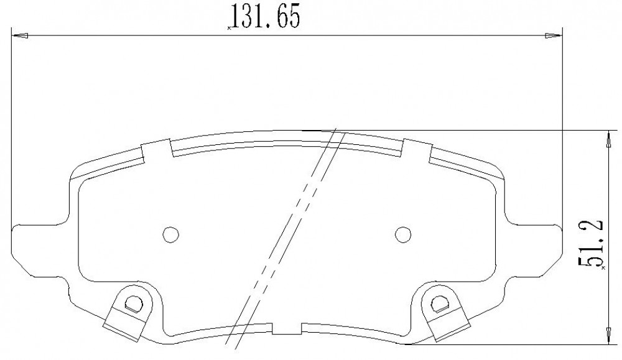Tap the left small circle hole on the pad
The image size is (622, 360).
click(x=171, y=234)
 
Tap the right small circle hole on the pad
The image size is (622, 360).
click(x=404, y=234)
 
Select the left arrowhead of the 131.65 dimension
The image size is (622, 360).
click(x=21, y=36)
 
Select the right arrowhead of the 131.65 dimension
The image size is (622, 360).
click(x=554, y=36)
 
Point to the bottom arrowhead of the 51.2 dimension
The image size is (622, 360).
click(x=608, y=336)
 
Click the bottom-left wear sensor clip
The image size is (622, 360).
click(x=128, y=312)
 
